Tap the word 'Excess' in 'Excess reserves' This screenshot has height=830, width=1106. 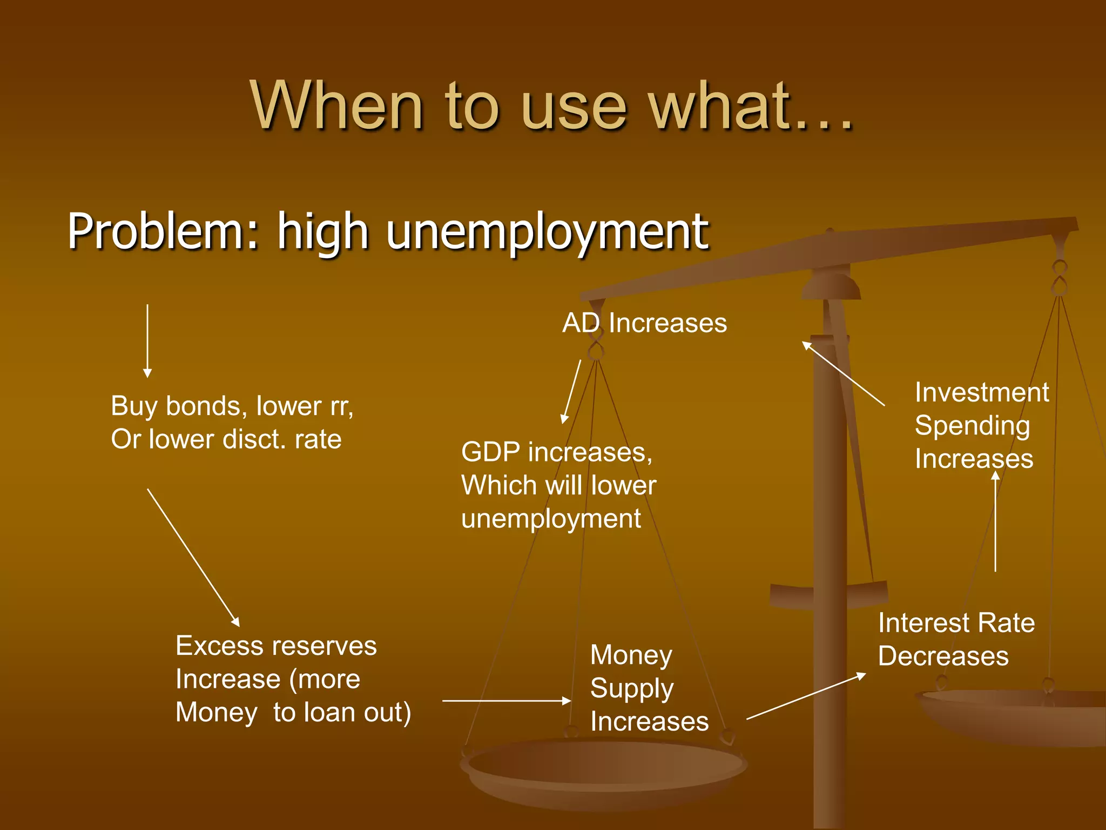tap(220, 646)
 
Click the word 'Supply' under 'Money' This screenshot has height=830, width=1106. tap(632, 689)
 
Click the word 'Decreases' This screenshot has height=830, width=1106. tap(943, 657)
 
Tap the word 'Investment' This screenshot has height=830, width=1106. tap(982, 392)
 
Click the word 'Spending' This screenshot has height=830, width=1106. tap(972, 426)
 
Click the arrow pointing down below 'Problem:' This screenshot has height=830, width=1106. tap(147, 340)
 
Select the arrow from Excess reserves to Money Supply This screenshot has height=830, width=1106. tap(507, 701)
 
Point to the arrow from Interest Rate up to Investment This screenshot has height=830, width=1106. tap(995, 521)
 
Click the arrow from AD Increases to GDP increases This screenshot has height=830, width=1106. tap(571, 392)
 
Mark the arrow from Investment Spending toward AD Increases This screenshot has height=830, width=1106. tap(843, 373)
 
